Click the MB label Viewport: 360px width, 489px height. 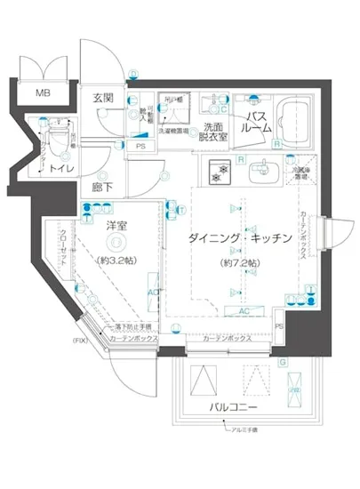click(42, 92)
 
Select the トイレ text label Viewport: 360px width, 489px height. click(61, 166)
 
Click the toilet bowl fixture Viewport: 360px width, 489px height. click(55, 135)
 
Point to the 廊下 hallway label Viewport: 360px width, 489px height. click(102, 188)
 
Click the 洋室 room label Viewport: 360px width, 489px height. click(116, 226)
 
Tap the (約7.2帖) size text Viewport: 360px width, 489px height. click(241, 264)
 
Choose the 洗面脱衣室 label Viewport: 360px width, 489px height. click(213, 132)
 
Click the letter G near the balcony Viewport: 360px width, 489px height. click(282, 362)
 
